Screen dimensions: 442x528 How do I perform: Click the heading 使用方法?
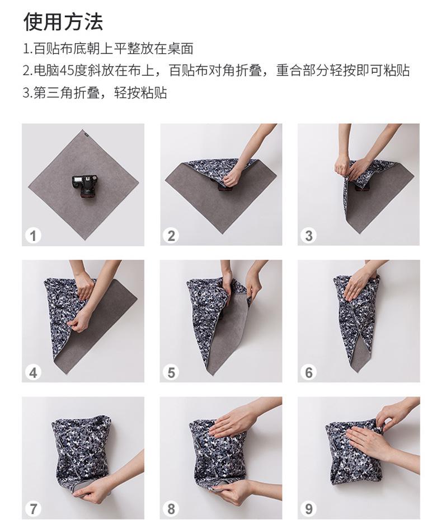pyautogui.click(x=63, y=22)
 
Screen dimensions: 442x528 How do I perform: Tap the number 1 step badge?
pyautogui.click(x=33, y=235)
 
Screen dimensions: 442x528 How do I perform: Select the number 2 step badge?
pyautogui.click(x=171, y=235)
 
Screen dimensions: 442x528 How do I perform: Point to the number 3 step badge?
pyautogui.click(x=309, y=235)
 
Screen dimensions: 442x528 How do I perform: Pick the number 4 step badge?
pyautogui.click(x=33, y=372)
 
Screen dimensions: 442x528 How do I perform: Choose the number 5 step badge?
pyautogui.click(x=171, y=372)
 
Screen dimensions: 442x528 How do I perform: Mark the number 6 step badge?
pyautogui.click(x=309, y=372)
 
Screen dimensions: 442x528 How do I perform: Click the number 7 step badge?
pyautogui.click(x=33, y=509)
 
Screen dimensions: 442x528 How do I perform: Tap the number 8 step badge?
pyautogui.click(x=171, y=509)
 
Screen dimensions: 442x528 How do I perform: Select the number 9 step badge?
pyautogui.click(x=309, y=509)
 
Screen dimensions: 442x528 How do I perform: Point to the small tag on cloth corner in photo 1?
pyautogui.click(x=85, y=132)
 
